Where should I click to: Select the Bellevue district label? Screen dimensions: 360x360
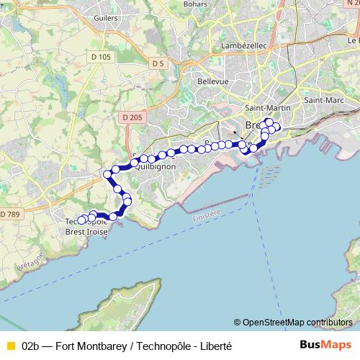coord(213,81)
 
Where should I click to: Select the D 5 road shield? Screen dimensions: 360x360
coord(158,64)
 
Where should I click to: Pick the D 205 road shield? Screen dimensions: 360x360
coord(132,117)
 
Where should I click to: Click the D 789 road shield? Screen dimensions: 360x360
coord(11,215)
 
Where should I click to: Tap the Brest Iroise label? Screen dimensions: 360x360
coord(86,232)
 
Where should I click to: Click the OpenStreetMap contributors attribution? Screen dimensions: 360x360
coord(293,322)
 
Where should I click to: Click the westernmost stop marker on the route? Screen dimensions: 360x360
coord(81,220)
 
